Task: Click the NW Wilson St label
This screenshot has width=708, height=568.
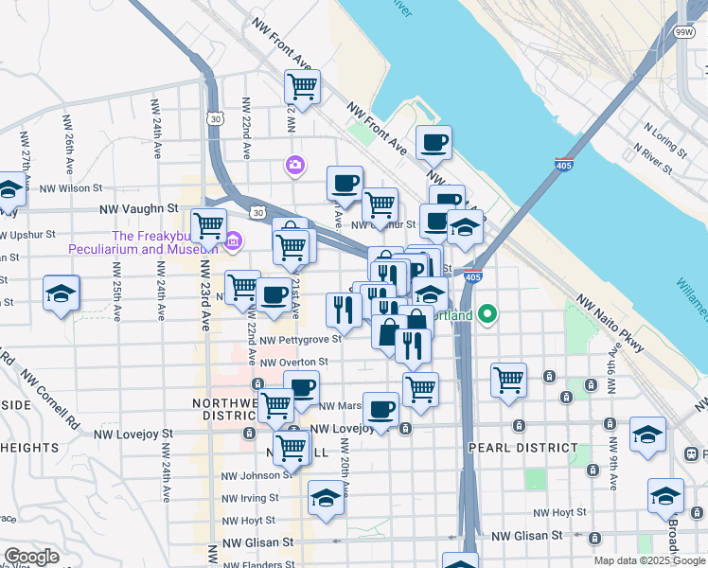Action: (70, 188)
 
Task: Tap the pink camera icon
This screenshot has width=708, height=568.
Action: (294, 166)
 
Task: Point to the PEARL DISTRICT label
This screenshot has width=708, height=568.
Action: (522, 447)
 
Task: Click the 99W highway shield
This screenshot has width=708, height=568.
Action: (683, 32)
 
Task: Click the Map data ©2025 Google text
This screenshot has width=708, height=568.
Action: (649, 560)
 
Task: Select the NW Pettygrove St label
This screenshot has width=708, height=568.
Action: (300, 339)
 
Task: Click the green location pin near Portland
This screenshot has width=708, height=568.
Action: (488, 313)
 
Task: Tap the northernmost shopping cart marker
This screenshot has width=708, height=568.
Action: (302, 87)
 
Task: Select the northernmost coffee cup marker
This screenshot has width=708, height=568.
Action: (434, 143)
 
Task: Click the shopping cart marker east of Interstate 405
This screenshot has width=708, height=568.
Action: (508, 379)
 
